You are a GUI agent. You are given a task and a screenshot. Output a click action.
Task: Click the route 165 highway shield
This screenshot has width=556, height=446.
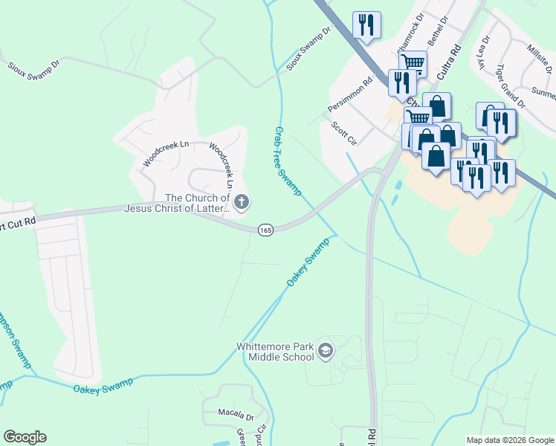pyautogui.click(x=266, y=230)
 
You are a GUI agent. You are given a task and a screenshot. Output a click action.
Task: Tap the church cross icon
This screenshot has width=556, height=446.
pyautogui.click(x=241, y=201)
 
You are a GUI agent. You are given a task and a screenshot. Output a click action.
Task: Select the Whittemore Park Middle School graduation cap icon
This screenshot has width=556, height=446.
pyautogui.click(x=325, y=350)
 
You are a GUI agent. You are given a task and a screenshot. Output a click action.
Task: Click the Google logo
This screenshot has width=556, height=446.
pyautogui.click(x=25, y=437)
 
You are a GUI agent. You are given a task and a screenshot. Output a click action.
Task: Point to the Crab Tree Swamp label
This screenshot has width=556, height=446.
pyautogui.click(x=288, y=161)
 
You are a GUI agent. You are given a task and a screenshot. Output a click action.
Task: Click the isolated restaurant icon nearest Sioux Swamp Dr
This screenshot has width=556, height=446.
pyautogui.click(x=366, y=25)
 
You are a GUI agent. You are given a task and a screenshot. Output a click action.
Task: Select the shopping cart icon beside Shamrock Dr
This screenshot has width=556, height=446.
pyautogui.click(x=413, y=62)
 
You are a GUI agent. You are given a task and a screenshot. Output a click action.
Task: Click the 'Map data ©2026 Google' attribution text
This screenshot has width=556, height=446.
pyautogui.click(x=509, y=440)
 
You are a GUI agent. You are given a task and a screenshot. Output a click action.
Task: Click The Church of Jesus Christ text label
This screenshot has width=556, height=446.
pyautogui.click(x=197, y=203)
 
